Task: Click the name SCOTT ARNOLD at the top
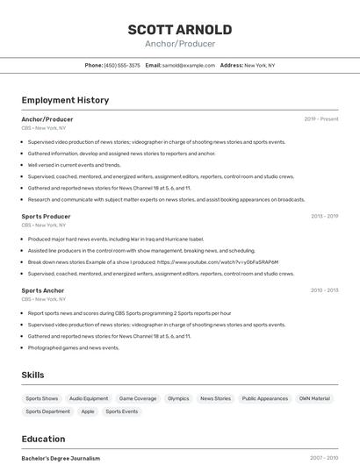(180, 29)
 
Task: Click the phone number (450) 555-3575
(122, 65)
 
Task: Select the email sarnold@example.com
(189, 65)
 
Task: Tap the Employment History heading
(65, 100)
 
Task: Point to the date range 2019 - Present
(321, 119)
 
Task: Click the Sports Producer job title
(46, 216)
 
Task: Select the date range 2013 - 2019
(324, 216)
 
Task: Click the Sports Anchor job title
(43, 290)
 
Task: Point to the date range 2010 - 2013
(324, 290)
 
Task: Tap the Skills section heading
(32, 375)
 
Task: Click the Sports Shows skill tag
(42, 398)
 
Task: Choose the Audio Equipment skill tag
(89, 398)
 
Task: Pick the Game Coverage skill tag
(138, 398)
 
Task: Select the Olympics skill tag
(178, 398)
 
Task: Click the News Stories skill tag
(215, 398)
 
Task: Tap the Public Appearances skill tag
(264, 398)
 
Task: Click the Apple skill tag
(88, 411)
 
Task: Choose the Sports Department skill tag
(47, 411)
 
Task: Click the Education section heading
(43, 439)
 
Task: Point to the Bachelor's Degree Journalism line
(61, 458)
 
